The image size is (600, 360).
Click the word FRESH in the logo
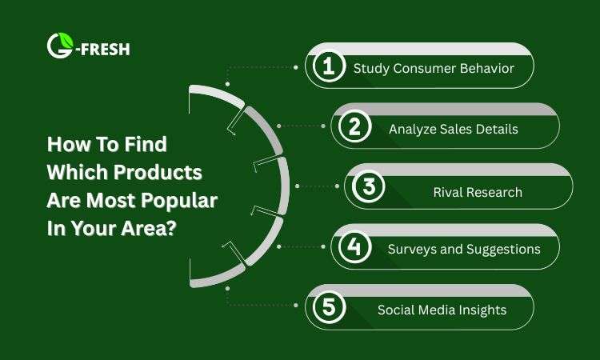[x=106, y=50]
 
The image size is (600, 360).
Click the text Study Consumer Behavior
[x=433, y=69]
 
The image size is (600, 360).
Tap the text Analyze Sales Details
[x=454, y=129]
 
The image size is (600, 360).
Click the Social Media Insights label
[x=442, y=310]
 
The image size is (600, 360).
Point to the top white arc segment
[x=215, y=95]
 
